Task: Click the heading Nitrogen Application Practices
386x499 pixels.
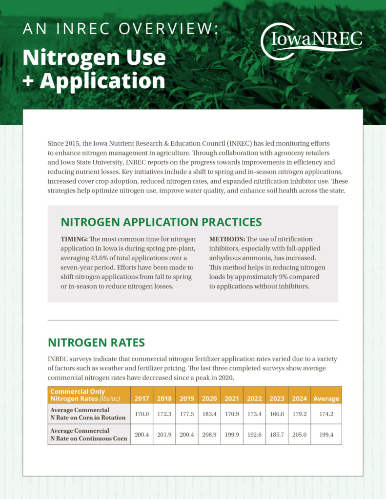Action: (x=161, y=222)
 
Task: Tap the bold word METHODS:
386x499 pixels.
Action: (x=226, y=239)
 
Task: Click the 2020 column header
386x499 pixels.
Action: (x=209, y=398)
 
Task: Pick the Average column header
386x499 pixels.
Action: (x=326, y=398)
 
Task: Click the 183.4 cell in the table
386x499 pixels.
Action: (x=209, y=414)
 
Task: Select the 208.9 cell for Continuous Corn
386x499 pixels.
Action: (x=209, y=434)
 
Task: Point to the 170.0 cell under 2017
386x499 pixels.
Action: (x=142, y=414)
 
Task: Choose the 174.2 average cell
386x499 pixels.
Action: (x=326, y=414)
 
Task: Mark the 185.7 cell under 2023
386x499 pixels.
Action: (x=277, y=434)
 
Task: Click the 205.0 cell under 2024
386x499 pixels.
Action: (x=299, y=434)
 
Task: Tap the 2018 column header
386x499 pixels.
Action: (x=164, y=398)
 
